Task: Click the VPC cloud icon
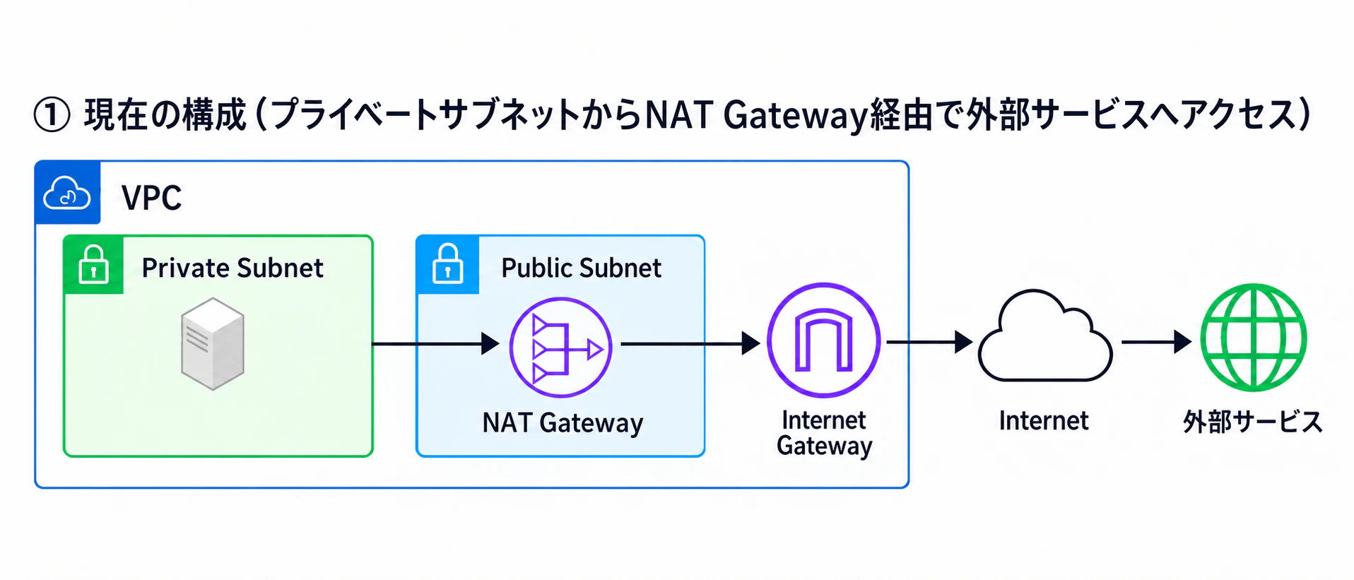(67, 193)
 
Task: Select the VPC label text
(151, 198)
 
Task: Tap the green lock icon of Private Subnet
(93, 265)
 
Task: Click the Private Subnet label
(232, 268)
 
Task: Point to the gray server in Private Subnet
(213, 343)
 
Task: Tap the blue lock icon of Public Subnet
(448, 264)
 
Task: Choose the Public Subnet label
(581, 268)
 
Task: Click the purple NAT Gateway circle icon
(561, 348)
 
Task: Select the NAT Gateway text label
(563, 423)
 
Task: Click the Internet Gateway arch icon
(824, 340)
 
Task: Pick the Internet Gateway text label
(824, 433)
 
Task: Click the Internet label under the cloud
(1044, 421)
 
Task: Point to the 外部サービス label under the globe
(1253, 422)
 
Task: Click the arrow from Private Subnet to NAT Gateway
(436, 344)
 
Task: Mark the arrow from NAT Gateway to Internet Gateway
(690, 344)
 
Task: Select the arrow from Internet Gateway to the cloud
(930, 342)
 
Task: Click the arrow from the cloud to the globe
(1157, 342)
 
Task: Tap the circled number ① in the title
(52, 115)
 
